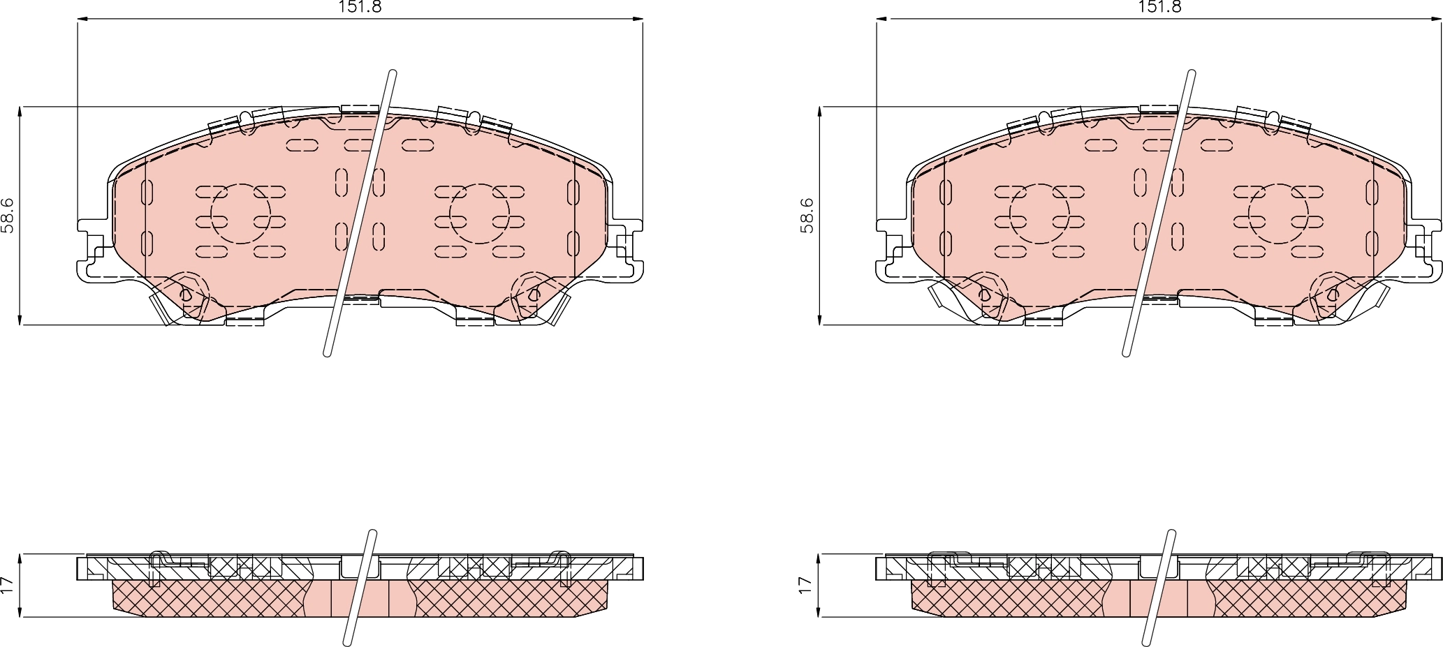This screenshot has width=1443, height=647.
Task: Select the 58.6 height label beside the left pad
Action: [x=8, y=215]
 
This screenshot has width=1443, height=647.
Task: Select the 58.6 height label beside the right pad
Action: [x=807, y=215]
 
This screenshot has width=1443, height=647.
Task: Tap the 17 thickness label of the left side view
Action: [x=8, y=585]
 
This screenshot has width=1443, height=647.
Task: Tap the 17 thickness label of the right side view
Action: [x=807, y=585]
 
